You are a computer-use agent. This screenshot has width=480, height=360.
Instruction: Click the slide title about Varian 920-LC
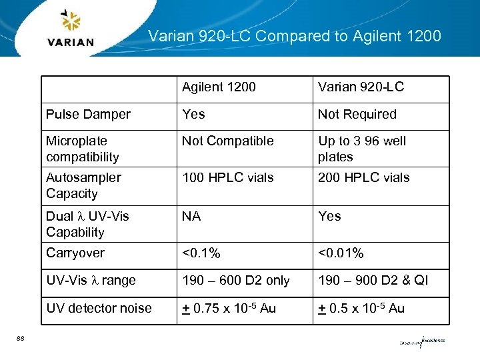click(294, 35)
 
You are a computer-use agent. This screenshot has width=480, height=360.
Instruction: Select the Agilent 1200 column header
click(219, 87)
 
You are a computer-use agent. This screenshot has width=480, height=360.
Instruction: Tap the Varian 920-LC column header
click(361, 87)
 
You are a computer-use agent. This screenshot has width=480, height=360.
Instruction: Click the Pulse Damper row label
click(88, 115)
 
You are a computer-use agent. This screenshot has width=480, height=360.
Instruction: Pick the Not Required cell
click(357, 115)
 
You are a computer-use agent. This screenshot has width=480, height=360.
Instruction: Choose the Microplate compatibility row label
click(83, 149)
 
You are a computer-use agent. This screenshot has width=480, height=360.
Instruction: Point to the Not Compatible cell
click(227, 141)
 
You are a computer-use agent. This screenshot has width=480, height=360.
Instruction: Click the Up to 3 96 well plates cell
click(361, 149)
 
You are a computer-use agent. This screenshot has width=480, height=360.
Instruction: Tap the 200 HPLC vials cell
click(363, 177)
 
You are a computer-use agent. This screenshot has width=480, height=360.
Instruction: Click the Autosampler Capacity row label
click(83, 185)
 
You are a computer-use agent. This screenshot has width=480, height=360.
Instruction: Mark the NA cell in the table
click(191, 216)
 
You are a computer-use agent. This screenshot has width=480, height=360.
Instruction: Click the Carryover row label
click(75, 253)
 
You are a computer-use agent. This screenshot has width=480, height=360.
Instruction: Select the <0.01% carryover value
click(341, 253)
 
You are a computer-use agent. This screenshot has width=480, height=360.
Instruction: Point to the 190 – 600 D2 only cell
click(235, 281)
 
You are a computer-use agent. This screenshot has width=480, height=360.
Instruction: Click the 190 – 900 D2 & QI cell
click(373, 281)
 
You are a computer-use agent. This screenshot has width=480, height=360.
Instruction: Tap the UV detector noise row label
click(99, 308)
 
